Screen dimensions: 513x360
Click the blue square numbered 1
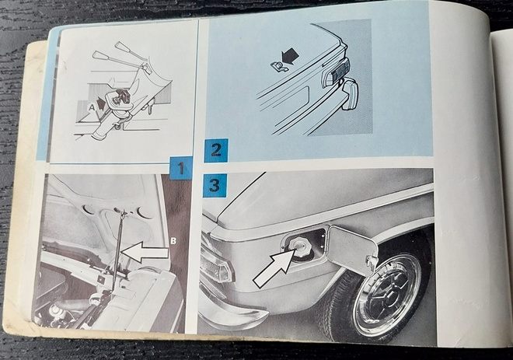click(x=181, y=168)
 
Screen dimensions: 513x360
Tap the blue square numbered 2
click(x=216, y=150)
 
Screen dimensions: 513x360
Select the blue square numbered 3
click(x=215, y=186)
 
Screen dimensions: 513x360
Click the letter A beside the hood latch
click(x=92, y=106)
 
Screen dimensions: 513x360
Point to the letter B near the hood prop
click(x=174, y=241)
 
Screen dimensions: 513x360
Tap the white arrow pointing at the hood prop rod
click(x=144, y=252)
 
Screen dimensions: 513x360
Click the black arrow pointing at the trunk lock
click(x=291, y=56)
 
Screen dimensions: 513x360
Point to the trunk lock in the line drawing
click(x=277, y=66)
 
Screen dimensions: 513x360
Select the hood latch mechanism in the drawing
click(x=118, y=99)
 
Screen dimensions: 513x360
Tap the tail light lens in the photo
click(x=217, y=265)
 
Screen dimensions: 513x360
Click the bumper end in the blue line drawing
click(x=350, y=95)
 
